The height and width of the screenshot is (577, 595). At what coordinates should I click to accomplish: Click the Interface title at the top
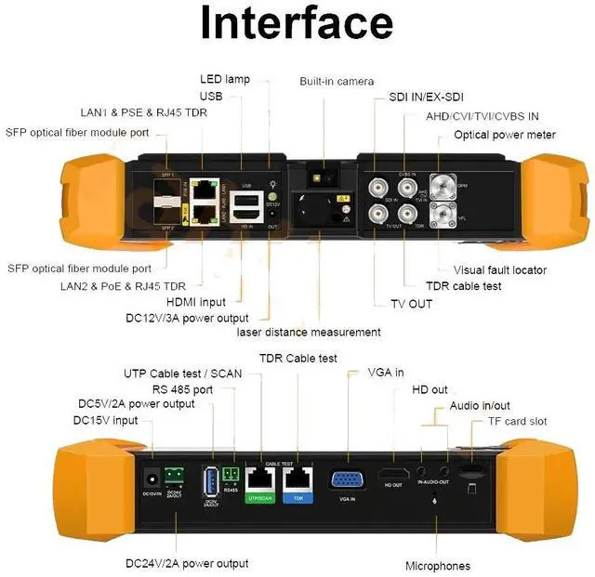click(x=297, y=25)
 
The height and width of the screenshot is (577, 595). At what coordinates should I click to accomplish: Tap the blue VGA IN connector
click(x=347, y=480)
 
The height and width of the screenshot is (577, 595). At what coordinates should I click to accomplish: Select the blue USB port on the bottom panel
click(x=211, y=480)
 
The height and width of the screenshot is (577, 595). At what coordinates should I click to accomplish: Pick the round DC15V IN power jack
click(x=148, y=481)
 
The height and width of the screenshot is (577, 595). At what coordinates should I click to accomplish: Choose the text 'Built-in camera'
click(x=336, y=82)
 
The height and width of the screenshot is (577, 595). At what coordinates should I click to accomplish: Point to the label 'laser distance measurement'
click(x=309, y=332)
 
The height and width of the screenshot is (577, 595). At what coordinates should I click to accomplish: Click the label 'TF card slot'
click(x=518, y=421)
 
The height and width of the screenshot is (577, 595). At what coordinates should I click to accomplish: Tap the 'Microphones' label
click(x=438, y=566)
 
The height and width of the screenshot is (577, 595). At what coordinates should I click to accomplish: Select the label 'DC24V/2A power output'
click(x=187, y=563)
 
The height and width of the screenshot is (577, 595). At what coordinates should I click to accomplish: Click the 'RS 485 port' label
click(x=183, y=388)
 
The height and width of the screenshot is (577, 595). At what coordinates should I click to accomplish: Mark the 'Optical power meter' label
click(x=505, y=135)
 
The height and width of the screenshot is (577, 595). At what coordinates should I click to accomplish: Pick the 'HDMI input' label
click(x=196, y=302)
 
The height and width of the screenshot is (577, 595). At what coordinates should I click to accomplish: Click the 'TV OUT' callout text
click(x=411, y=303)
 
